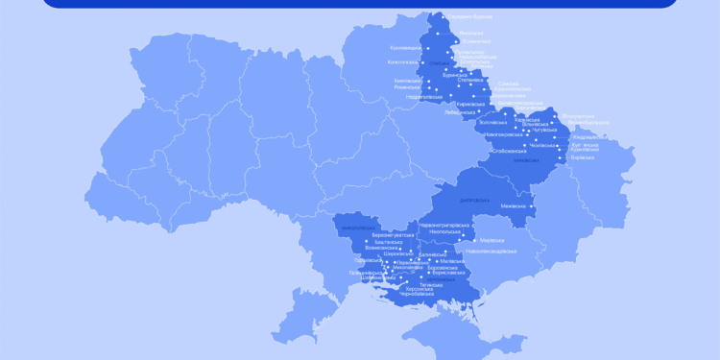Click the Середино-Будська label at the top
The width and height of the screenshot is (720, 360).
coord(469,17)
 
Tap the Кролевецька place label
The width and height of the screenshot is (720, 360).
coord(405,48)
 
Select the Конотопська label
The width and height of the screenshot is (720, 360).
coord(402,62)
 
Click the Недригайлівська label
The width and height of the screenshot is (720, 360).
coord(423,97)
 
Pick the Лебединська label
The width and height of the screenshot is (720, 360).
coord(460,111)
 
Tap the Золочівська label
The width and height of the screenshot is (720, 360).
coord(492,122)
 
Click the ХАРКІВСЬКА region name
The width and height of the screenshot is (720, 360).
coord(526,160)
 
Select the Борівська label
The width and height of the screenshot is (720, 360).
coord(582,157)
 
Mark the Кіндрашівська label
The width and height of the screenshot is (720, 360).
coord(588,137)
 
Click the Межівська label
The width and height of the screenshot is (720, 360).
coord(514,206)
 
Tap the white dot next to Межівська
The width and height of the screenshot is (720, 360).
coord(530,206)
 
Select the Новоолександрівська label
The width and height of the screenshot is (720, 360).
coord(491,252)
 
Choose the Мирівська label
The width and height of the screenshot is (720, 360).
coord(492,240)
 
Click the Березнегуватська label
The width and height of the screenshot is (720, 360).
coord(394,235)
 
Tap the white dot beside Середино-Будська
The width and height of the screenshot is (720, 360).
coord(444,17)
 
